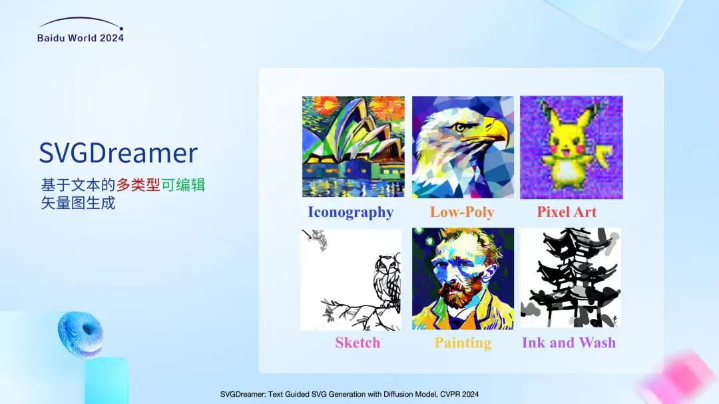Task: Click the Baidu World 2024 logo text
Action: (x=81, y=38)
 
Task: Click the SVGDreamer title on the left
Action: (x=119, y=153)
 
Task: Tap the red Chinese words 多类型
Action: (x=138, y=185)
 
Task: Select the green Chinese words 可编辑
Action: (x=183, y=185)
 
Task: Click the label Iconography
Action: (x=350, y=212)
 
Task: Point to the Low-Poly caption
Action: (x=462, y=212)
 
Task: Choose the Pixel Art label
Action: (x=567, y=212)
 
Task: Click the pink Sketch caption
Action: (x=358, y=343)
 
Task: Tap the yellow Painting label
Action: (x=463, y=343)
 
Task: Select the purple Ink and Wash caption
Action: (x=569, y=343)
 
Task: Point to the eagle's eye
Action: (x=460, y=128)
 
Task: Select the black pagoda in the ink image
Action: (x=571, y=275)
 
